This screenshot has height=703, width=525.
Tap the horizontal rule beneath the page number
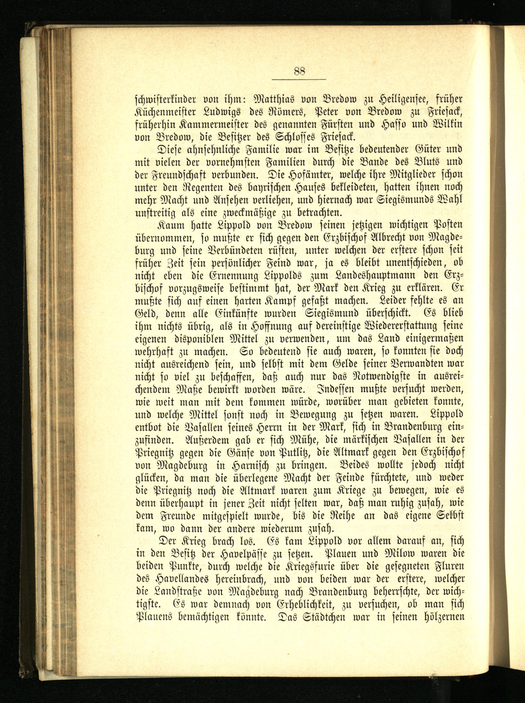tap(299, 79)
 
